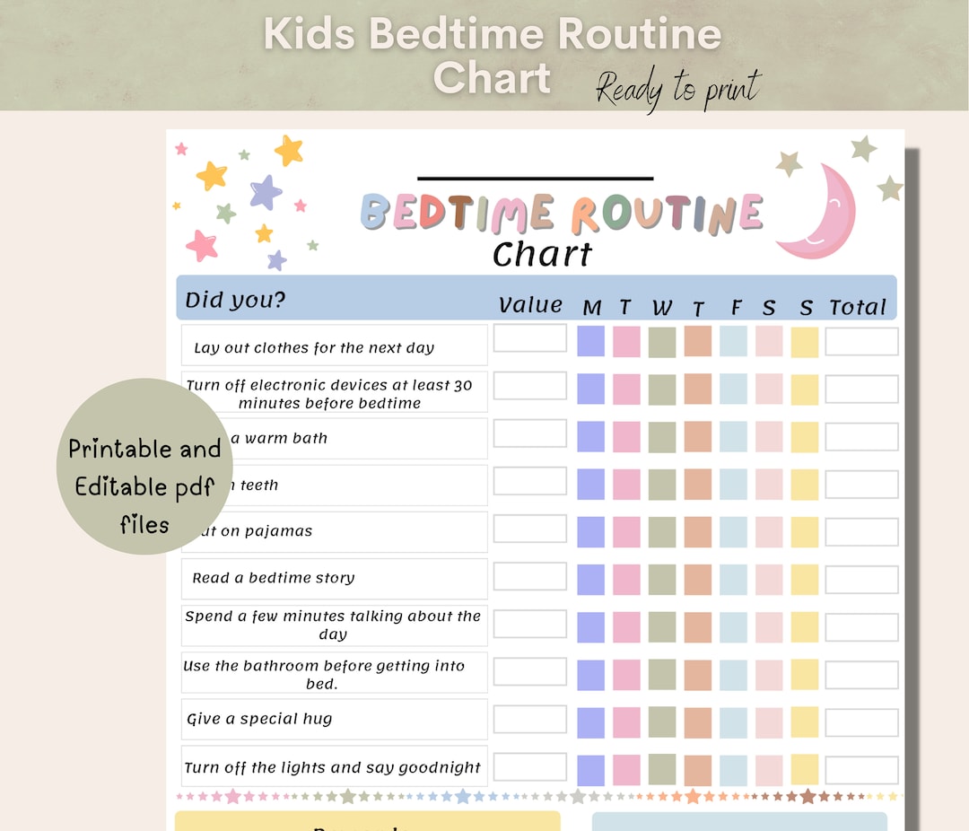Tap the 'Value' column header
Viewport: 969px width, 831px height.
tap(530, 305)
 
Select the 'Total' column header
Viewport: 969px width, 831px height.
tap(858, 308)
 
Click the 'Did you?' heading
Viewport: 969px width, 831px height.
tap(235, 300)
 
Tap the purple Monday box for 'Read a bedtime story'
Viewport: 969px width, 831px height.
tap(590, 579)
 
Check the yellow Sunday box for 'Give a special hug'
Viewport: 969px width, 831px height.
tap(805, 722)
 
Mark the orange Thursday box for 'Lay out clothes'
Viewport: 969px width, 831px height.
tap(698, 341)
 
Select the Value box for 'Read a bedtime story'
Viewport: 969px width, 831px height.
tap(530, 576)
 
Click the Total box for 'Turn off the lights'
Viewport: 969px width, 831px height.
tap(861, 770)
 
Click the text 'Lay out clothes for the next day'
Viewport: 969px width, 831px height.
tap(314, 348)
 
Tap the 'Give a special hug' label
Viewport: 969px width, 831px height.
tap(259, 719)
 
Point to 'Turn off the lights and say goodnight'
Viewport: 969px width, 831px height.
tap(333, 767)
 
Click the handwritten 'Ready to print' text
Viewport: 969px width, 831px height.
tap(678, 88)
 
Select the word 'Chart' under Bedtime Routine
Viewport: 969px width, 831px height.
tap(542, 255)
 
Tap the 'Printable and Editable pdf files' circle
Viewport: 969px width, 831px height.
tap(144, 467)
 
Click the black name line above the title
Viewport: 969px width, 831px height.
tap(536, 179)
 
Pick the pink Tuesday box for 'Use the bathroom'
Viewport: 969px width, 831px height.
tap(626, 675)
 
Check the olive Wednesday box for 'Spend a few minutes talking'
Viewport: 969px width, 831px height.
tap(662, 626)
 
